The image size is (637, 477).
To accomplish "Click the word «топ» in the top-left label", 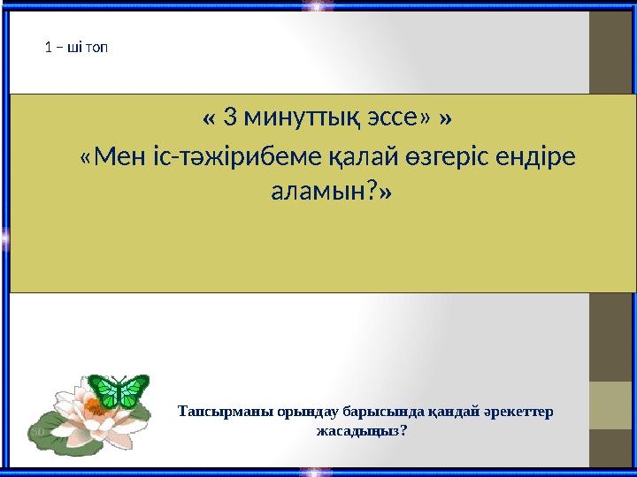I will tap(97, 47).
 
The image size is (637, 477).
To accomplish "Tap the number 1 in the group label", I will tap(48, 47).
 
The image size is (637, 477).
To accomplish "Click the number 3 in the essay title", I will tap(231, 117).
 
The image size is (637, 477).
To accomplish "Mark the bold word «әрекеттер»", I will tap(518, 413).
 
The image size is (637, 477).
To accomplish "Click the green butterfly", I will tap(119, 390).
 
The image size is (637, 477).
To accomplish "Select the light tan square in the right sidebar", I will tap(611, 405).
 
